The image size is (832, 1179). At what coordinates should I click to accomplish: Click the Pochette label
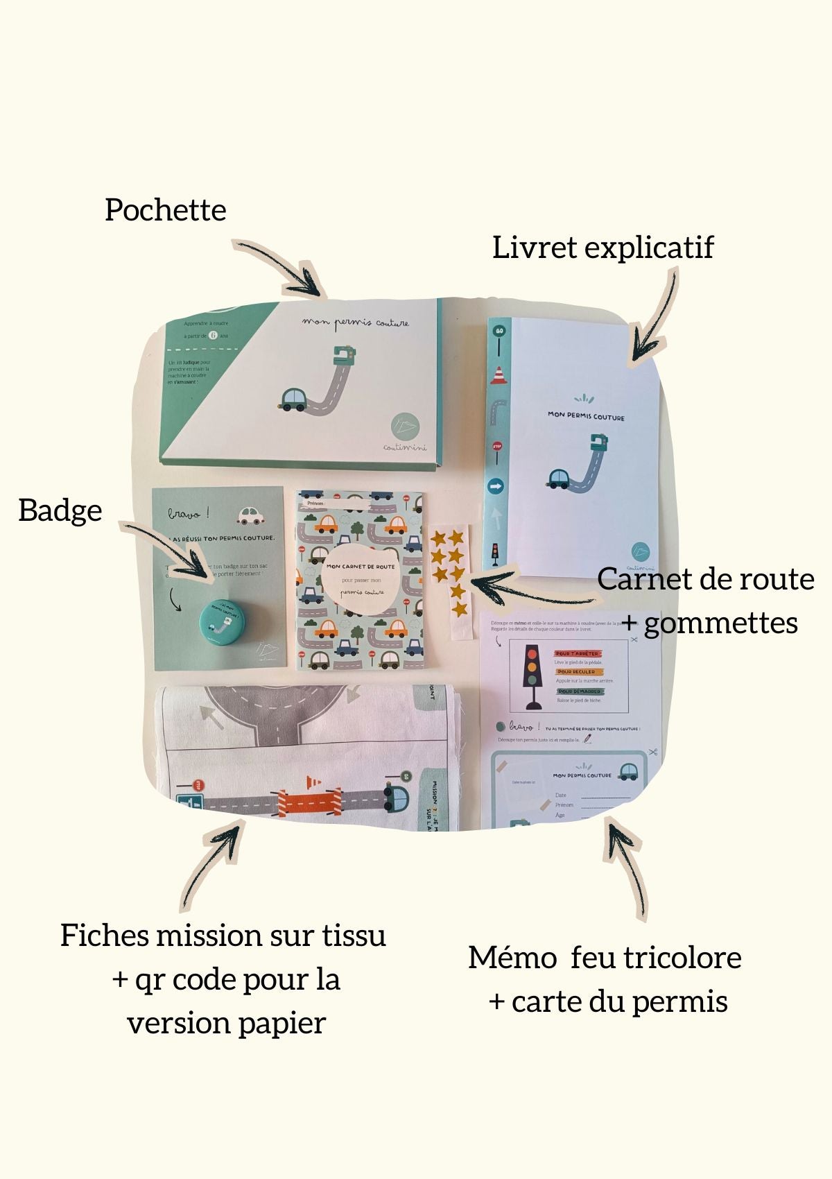pyautogui.click(x=165, y=210)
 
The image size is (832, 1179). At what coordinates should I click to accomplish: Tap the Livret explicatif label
pyautogui.click(x=603, y=248)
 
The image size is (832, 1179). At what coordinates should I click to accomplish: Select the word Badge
pyautogui.click(x=60, y=510)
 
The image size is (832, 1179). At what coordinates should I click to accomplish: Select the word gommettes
pyautogui.click(x=720, y=623)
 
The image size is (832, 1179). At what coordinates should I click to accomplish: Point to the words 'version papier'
pyautogui.click(x=227, y=1023)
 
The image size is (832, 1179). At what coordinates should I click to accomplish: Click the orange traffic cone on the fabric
pyautogui.click(x=313, y=782)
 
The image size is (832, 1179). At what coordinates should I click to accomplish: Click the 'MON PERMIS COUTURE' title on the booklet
pyautogui.click(x=586, y=416)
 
